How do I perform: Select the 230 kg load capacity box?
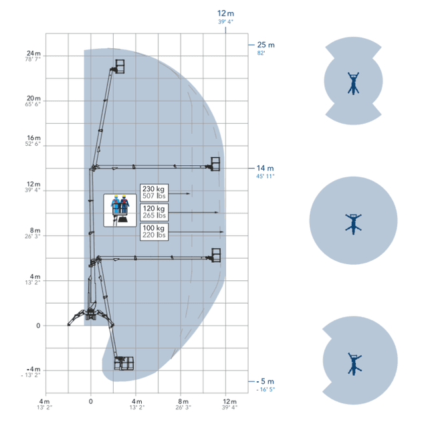[x=154, y=193]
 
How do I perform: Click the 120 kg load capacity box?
[x=154, y=212]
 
